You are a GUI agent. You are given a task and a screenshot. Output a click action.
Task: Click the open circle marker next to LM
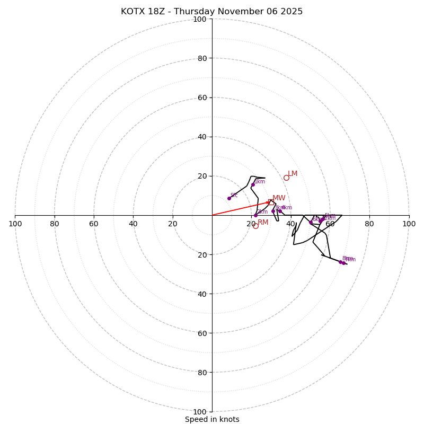pyautogui.click(x=286, y=178)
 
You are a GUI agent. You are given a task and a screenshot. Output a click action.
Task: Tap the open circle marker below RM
pyautogui.click(x=255, y=226)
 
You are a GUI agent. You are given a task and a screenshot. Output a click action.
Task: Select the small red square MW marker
pyautogui.click(x=271, y=202)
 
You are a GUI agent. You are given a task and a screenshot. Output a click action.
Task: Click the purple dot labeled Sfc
pyautogui.click(x=229, y=198)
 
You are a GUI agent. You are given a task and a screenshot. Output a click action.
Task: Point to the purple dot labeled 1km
pyautogui.click(x=253, y=184)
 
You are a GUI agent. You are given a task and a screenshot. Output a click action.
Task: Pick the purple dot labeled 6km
pyautogui.click(x=311, y=223)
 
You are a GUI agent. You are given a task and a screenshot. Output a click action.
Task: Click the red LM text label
pyautogui.click(x=293, y=174)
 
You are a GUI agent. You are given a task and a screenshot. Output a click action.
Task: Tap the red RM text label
pyautogui.click(x=263, y=222)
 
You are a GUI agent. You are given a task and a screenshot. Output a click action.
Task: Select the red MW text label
pyautogui.click(x=279, y=198)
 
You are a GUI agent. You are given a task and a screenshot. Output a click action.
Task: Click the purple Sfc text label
pyautogui.click(x=234, y=195)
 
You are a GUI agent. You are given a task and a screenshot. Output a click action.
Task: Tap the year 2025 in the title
pyautogui.click(x=292, y=12)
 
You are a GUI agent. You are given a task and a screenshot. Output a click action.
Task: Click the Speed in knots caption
pyautogui.click(x=212, y=419)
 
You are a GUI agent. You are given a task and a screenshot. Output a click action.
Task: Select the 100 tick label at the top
pyautogui.click(x=199, y=20)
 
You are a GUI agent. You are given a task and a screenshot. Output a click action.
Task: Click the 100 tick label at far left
pyautogui.click(x=15, y=224)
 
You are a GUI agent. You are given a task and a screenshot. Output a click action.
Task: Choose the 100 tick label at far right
pyautogui.click(x=409, y=224)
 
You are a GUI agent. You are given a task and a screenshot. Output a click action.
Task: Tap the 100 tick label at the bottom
pyautogui.click(x=199, y=411)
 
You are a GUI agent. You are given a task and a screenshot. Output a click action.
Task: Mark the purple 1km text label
pyautogui.click(x=260, y=181)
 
